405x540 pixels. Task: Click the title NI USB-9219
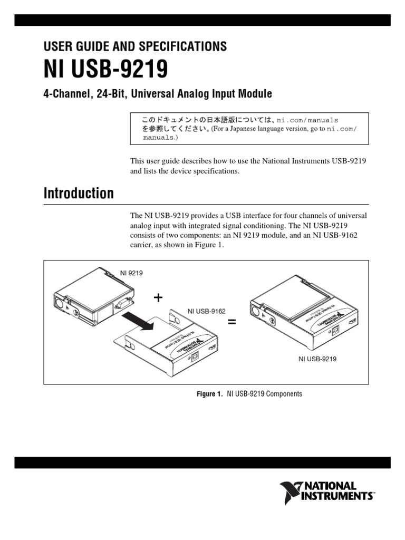coord(105,70)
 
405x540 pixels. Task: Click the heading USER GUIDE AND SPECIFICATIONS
coord(134,46)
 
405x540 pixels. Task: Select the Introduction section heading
coord(78,194)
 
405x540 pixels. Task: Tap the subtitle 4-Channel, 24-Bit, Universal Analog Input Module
coord(157,94)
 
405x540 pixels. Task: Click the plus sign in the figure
coord(158,298)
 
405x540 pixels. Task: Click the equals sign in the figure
coord(232,322)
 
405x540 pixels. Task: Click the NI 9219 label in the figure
coord(131,273)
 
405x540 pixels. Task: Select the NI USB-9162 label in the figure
coord(207,312)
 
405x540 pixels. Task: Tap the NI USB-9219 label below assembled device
coord(317,359)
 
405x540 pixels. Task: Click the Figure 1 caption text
coord(249,394)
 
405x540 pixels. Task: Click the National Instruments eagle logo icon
coord(290,491)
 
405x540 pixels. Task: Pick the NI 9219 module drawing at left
coord(93,298)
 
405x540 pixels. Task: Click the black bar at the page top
coord(202,20)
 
